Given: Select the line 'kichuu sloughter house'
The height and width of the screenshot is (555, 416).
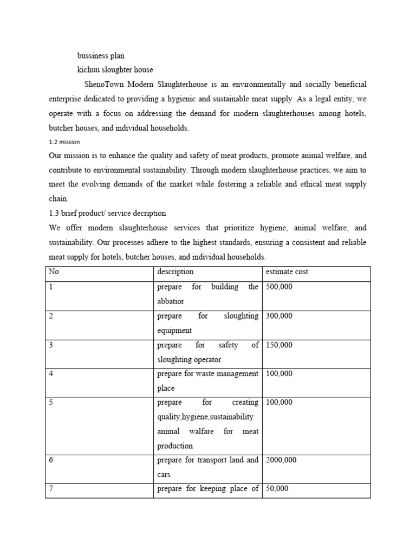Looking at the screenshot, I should point(115,70).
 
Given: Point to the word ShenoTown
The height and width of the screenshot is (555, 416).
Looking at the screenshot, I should point(105,85).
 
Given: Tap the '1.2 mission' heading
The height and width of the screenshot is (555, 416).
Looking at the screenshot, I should point(64,142).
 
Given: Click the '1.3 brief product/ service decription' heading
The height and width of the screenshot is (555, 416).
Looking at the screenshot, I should point(107,213).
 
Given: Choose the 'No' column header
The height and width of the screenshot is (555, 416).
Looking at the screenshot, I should point(54,272).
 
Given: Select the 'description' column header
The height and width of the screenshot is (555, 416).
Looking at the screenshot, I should point(175,272).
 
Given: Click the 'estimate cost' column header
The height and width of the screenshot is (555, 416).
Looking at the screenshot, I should point(287,272).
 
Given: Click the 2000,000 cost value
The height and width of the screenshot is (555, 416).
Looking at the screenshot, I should point(281,460).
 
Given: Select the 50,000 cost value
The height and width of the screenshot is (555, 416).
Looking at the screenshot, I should point(276,489).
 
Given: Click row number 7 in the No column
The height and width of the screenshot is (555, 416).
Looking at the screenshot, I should point(51,489).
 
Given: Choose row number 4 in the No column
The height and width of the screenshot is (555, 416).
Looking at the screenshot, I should point(51,373).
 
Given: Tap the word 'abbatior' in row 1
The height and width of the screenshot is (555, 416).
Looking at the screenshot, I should point(171,301).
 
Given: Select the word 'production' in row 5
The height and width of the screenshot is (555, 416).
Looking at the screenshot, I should point(174,446).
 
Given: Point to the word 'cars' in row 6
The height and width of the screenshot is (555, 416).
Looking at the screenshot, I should point(164,475).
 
